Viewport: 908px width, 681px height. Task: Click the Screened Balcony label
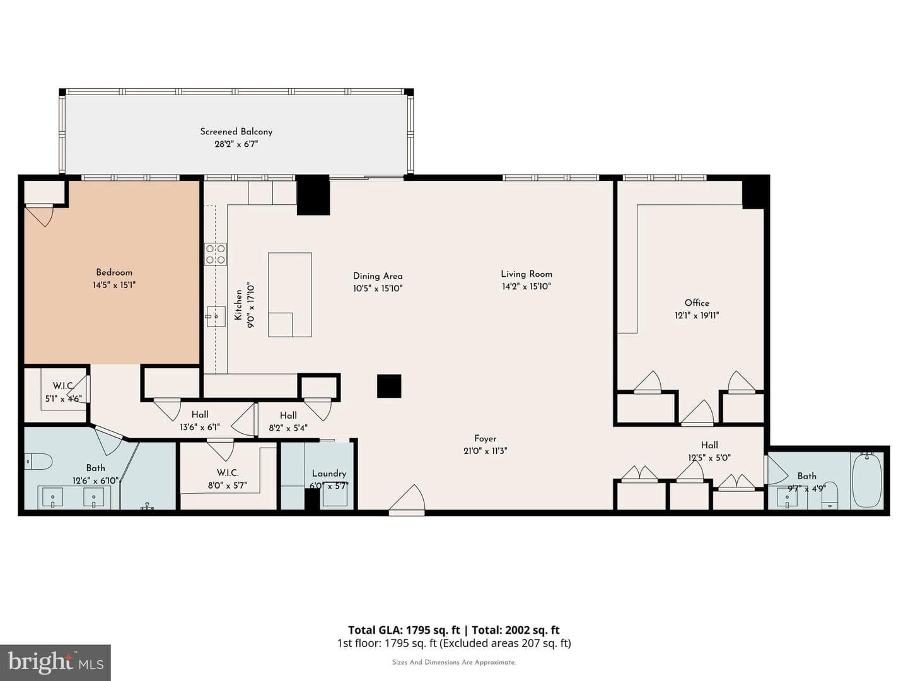pyautogui.click(x=236, y=132)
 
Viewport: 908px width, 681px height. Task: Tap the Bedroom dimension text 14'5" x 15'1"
pyautogui.click(x=114, y=285)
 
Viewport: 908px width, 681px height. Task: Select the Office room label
pyautogui.click(x=697, y=303)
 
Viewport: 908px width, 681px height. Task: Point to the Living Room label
pyautogui.click(x=526, y=274)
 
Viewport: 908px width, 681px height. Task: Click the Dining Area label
pyautogui.click(x=378, y=276)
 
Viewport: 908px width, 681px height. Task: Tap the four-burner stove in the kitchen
pyautogui.click(x=216, y=254)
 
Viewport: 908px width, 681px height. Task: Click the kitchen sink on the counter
pyautogui.click(x=216, y=317)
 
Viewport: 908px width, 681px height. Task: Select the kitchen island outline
pyautogui.click(x=289, y=294)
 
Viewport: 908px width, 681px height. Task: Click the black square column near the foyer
pyautogui.click(x=389, y=386)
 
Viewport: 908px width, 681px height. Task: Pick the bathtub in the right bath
pyautogui.click(x=867, y=480)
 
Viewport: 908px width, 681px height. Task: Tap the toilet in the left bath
pyautogui.click(x=38, y=462)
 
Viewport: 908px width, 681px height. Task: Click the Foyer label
pyautogui.click(x=486, y=438)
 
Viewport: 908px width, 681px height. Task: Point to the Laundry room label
pyautogui.click(x=329, y=474)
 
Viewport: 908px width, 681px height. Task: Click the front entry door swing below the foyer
pyautogui.click(x=407, y=500)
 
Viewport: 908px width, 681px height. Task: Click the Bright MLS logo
pyautogui.click(x=55, y=663)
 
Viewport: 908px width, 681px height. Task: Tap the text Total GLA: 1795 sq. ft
pyautogui.click(x=404, y=630)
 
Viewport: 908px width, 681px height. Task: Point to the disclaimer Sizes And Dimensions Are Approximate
pyautogui.click(x=454, y=662)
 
